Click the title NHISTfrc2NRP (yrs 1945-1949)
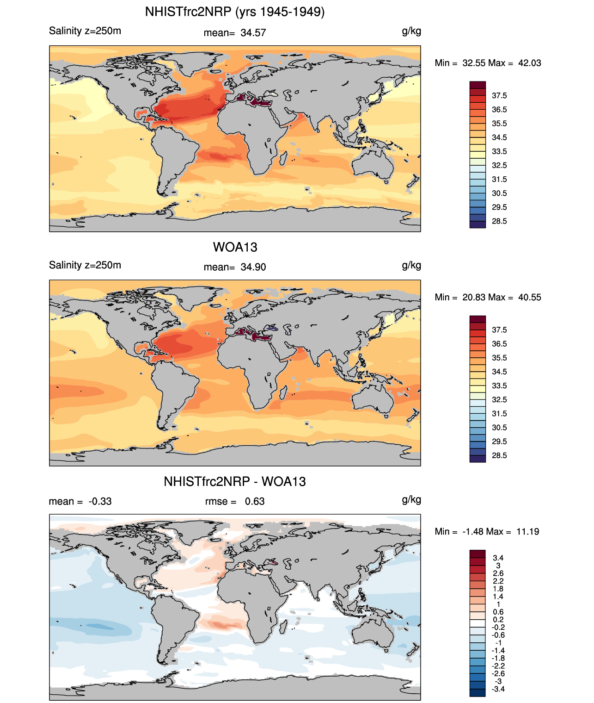point(235,12)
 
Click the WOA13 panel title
point(235,247)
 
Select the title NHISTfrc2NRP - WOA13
point(235,482)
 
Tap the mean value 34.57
point(253,33)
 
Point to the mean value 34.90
point(253,267)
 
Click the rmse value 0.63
point(255,502)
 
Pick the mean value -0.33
point(100,502)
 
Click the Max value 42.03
point(529,63)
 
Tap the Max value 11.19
point(527,532)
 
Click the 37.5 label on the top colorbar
point(499,96)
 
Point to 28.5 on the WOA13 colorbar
point(499,455)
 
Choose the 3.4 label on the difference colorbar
point(498,558)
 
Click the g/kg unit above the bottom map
point(411,500)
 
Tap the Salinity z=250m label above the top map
point(85,31)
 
